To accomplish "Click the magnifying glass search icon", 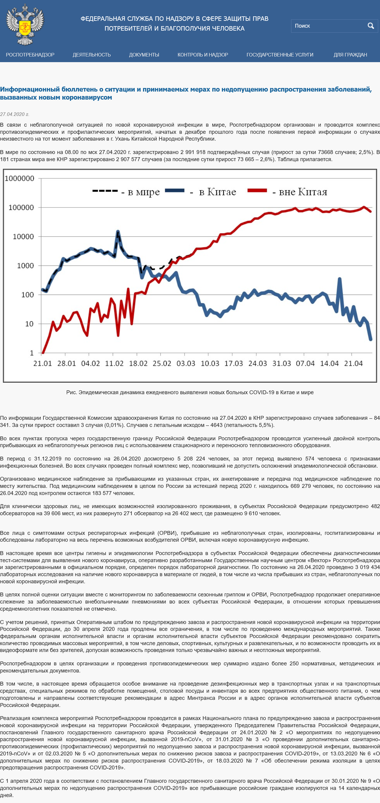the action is (x=371, y=26).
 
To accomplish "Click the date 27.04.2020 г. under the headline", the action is (x=15, y=114).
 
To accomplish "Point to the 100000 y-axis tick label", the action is (x=21, y=208).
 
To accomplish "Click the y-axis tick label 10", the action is (x=29, y=324).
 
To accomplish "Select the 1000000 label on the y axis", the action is (x=19, y=178).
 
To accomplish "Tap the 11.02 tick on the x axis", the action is (x=114, y=364).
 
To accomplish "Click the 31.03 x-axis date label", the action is (x=282, y=364).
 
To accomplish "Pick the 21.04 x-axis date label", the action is (x=353, y=364).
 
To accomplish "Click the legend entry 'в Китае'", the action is (x=200, y=192).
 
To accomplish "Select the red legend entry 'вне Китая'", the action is (x=287, y=192).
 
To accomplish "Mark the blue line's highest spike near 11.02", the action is (x=118, y=231).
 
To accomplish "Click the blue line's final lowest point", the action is (x=371, y=339).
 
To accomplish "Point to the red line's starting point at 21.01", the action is (x=43, y=353).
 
